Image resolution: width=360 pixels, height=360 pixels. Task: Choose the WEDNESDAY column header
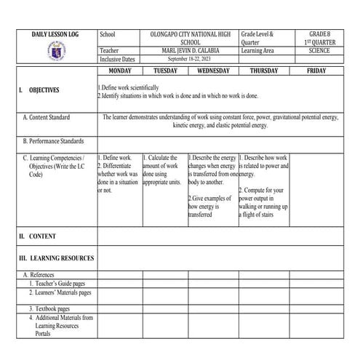click(x=212, y=71)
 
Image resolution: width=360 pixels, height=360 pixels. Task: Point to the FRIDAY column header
click(x=316, y=71)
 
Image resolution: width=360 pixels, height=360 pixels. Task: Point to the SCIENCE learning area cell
click(x=318, y=52)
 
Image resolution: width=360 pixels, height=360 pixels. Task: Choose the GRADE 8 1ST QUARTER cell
click(x=318, y=39)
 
